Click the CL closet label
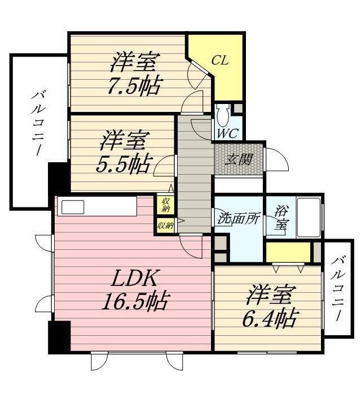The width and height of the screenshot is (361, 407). click(x=220, y=60)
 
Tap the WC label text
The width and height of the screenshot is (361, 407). click(x=228, y=134)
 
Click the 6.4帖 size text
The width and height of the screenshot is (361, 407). click(x=271, y=319)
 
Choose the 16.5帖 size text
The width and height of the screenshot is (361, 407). click(x=134, y=302)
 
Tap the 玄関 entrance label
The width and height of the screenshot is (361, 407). click(x=239, y=159)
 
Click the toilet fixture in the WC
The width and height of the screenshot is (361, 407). click(x=223, y=115)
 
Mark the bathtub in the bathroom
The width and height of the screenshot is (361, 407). click(x=308, y=218)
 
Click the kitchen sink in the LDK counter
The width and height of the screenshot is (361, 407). click(x=73, y=207)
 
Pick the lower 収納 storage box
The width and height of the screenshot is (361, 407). click(x=165, y=225)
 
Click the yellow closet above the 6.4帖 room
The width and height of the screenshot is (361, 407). click(x=288, y=252)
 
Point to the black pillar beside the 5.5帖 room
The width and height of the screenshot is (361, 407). click(x=58, y=178)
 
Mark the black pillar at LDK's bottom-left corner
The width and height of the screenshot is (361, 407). click(x=59, y=337)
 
